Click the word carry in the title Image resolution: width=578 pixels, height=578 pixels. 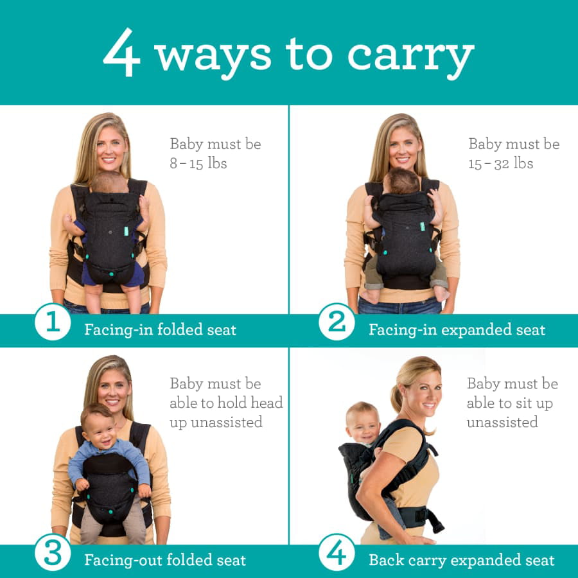click(411, 57)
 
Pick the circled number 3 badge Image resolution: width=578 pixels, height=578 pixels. click(53, 552)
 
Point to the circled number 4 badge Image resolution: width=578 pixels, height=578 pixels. click(337, 552)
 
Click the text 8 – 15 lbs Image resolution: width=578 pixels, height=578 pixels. click(198, 163)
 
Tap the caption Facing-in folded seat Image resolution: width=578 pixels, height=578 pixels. click(160, 330)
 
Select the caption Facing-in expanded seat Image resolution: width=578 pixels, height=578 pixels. click(457, 330)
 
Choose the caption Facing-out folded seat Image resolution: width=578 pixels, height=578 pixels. click(165, 560)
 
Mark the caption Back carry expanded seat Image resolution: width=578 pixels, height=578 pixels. click(461, 560)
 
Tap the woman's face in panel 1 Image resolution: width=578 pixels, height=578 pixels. click(111, 149)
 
